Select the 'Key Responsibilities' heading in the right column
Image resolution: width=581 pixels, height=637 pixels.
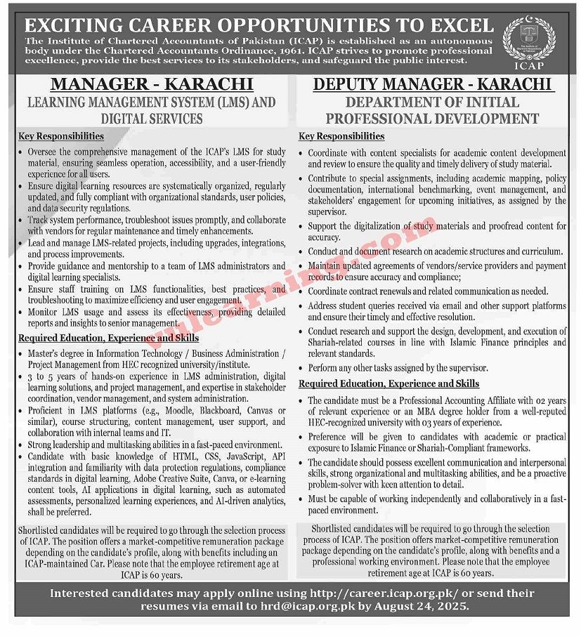coord(341,136)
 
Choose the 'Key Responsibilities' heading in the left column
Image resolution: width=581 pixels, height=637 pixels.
coord(62,136)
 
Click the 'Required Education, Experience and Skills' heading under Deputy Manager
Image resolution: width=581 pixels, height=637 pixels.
coord(389,383)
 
